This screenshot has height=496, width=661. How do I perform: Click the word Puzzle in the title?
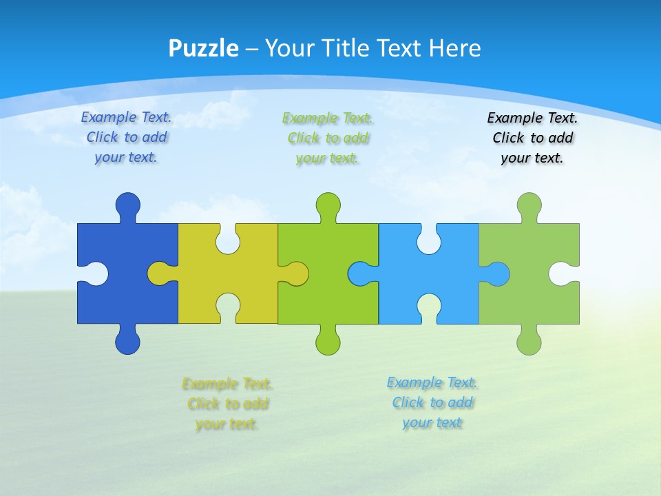click(203, 49)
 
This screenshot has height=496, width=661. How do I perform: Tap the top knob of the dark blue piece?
click(127, 205)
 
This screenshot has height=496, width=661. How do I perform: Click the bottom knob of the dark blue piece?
click(127, 342)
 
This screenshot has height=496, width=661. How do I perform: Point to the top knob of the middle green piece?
click(328, 205)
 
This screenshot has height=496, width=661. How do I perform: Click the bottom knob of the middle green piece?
click(328, 342)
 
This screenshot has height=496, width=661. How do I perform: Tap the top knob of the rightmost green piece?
click(529, 205)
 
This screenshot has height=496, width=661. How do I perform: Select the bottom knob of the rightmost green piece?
click(529, 342)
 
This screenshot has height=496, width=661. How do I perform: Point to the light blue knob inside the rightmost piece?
click(497, 273)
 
